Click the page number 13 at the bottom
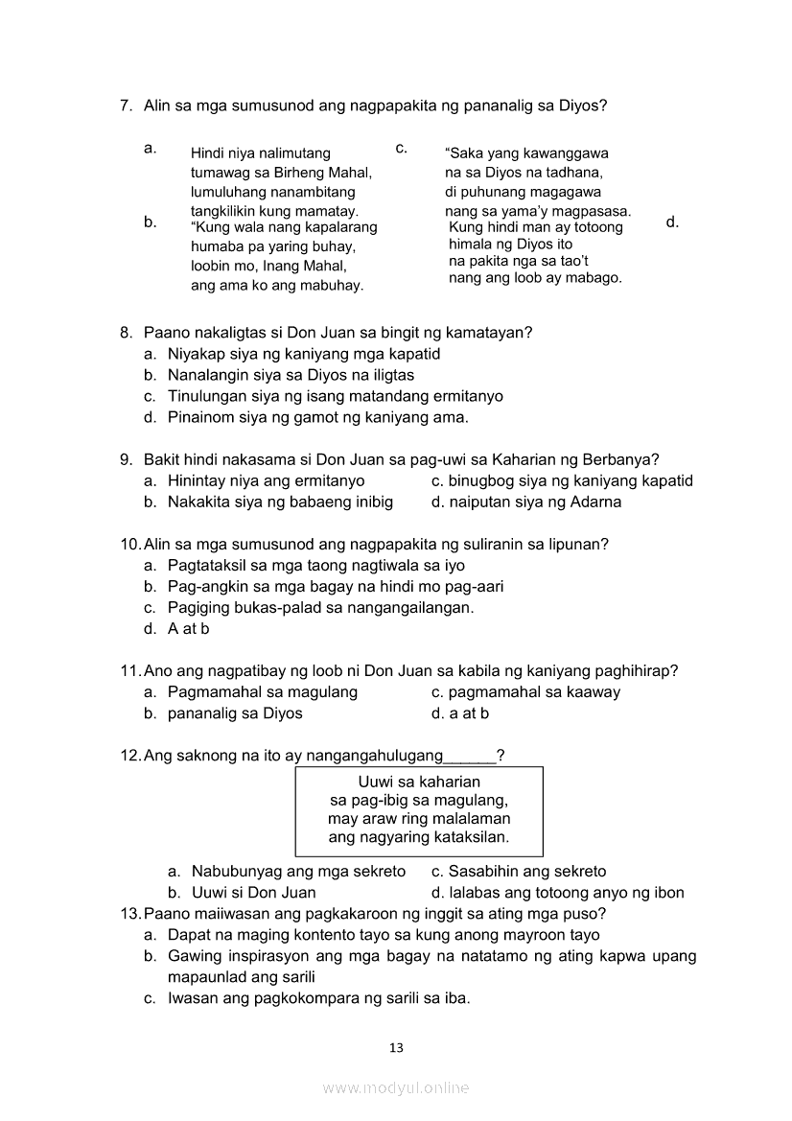pyautogui.click(x=396, y=1047)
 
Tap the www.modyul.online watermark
pyautogui.click(x=396, y=1087)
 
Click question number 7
pyautogui.click(x=127, y=105)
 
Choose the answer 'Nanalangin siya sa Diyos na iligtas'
pyautogui.click(x=291, y=375)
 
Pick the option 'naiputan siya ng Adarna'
pyautogui.click(x=535, y=502)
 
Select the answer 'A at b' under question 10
pyautogui.click(x=188, y=629)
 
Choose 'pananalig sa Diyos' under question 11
pyautogui.click(x=235, y=713)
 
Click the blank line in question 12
pyautogui.click(x=471, y=757)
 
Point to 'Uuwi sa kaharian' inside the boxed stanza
pyautogui.click(x=419, y=782)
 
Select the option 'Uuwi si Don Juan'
pyautogui.click(x=253, y=893)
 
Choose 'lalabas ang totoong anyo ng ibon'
pyautogui.click(x=567, y=893)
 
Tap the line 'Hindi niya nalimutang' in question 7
pyautogui.click(x=260, y=153)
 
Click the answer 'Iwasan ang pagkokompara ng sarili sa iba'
pyautogui.click(x=318, y=998)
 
